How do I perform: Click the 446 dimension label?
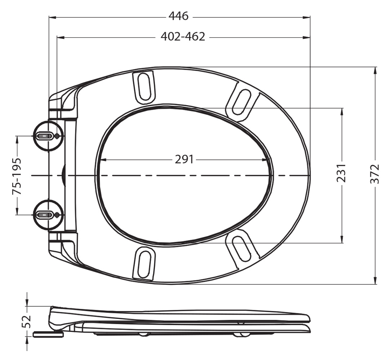[178, 16]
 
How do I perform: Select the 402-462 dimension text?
[183, 37]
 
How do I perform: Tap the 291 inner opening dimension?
[184, 159]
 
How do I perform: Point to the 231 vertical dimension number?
[341, 173]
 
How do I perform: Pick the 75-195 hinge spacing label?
[17, 176]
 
